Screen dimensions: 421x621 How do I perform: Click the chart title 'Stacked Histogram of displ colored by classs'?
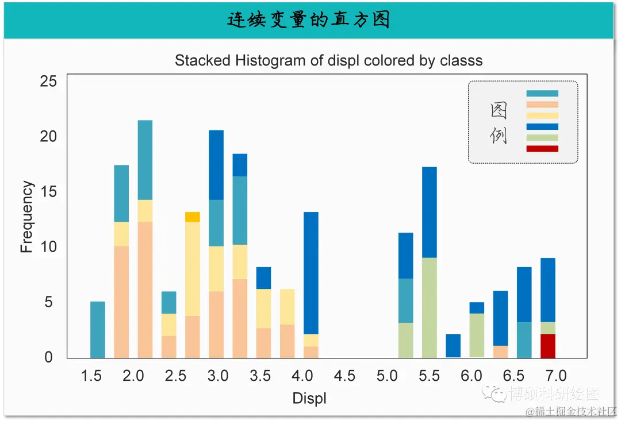(328, 60)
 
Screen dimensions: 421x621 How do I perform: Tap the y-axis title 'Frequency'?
(26, 217)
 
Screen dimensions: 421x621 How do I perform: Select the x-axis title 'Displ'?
(309, 398)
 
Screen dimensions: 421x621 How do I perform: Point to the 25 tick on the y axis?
(49, 81)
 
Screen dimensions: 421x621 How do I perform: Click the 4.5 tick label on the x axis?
(344, 376)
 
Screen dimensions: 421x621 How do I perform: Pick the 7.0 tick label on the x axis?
(556, 376)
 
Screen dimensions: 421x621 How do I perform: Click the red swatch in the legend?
(542, 149)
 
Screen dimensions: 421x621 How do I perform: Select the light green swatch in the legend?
(542, 138)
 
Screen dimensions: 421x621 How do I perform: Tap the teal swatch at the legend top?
(542, 94)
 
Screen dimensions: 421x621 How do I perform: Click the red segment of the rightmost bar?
(548, 346)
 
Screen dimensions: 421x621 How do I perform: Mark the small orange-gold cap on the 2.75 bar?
(193, 217)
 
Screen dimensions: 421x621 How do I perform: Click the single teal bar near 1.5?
(98, 329)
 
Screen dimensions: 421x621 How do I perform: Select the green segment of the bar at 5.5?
(430, 307)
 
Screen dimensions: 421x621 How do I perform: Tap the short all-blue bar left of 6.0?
(453, 346)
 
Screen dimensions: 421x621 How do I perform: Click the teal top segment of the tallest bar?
(145, 160)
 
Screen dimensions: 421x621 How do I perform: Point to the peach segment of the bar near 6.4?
(500, 351)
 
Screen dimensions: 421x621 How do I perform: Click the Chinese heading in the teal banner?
(309, 20)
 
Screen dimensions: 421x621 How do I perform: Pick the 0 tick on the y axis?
(49, 357)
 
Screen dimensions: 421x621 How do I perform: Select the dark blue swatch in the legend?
(542, 127)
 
